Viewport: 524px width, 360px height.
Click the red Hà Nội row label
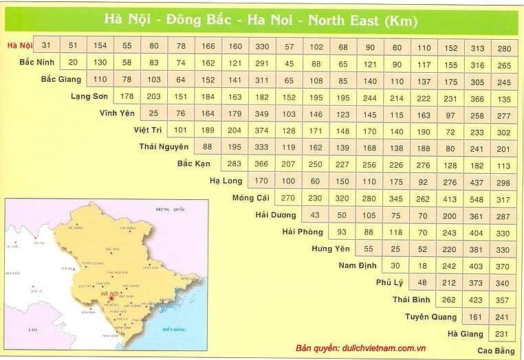pos(19,45)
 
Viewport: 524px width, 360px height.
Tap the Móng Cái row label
pos(252,199)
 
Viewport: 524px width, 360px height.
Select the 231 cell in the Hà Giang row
pos(502,334)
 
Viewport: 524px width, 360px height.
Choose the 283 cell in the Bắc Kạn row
pos(234,164)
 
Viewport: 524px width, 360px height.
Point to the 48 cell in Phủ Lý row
pos(422,283)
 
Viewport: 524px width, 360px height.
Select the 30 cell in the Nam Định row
pos(395,266)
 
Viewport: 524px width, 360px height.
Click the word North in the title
pos(332,20)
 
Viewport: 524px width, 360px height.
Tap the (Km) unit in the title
pos(402,20)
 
